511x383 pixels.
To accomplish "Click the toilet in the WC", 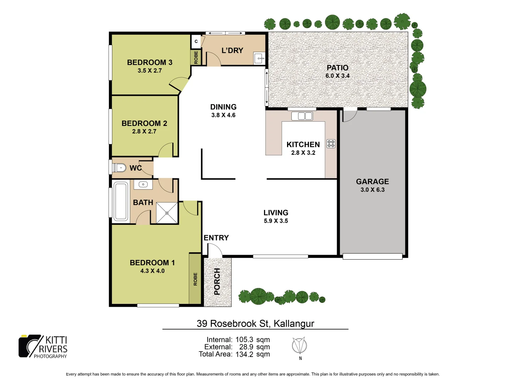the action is coord(120,167).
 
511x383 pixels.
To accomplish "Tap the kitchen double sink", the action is coord(302,116).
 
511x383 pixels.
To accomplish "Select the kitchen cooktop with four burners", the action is coord(331,144).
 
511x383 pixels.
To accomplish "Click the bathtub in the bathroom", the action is coord(121,201).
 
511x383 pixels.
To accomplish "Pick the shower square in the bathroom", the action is coord(167,213).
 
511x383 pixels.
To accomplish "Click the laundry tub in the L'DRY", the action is coord(259,58).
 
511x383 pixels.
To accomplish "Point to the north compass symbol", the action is coord(300,346).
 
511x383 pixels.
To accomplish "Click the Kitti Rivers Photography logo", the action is coord(43,346).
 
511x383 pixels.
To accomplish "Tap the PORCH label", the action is coord(217,282).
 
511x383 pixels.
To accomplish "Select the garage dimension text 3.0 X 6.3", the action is coord(373,190).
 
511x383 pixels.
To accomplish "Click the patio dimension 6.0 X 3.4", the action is coord(337,76).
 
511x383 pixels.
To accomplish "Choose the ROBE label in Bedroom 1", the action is coord(195,279).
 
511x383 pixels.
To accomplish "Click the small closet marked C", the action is coord(196,41).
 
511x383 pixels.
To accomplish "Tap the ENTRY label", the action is coord(216,238).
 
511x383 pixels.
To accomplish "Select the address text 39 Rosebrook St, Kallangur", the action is coord(255,323).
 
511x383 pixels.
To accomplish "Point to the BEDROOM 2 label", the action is coord(144,123).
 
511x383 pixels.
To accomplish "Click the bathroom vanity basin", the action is coord(143,184).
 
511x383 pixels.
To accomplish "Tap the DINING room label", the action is coord(223,107).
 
